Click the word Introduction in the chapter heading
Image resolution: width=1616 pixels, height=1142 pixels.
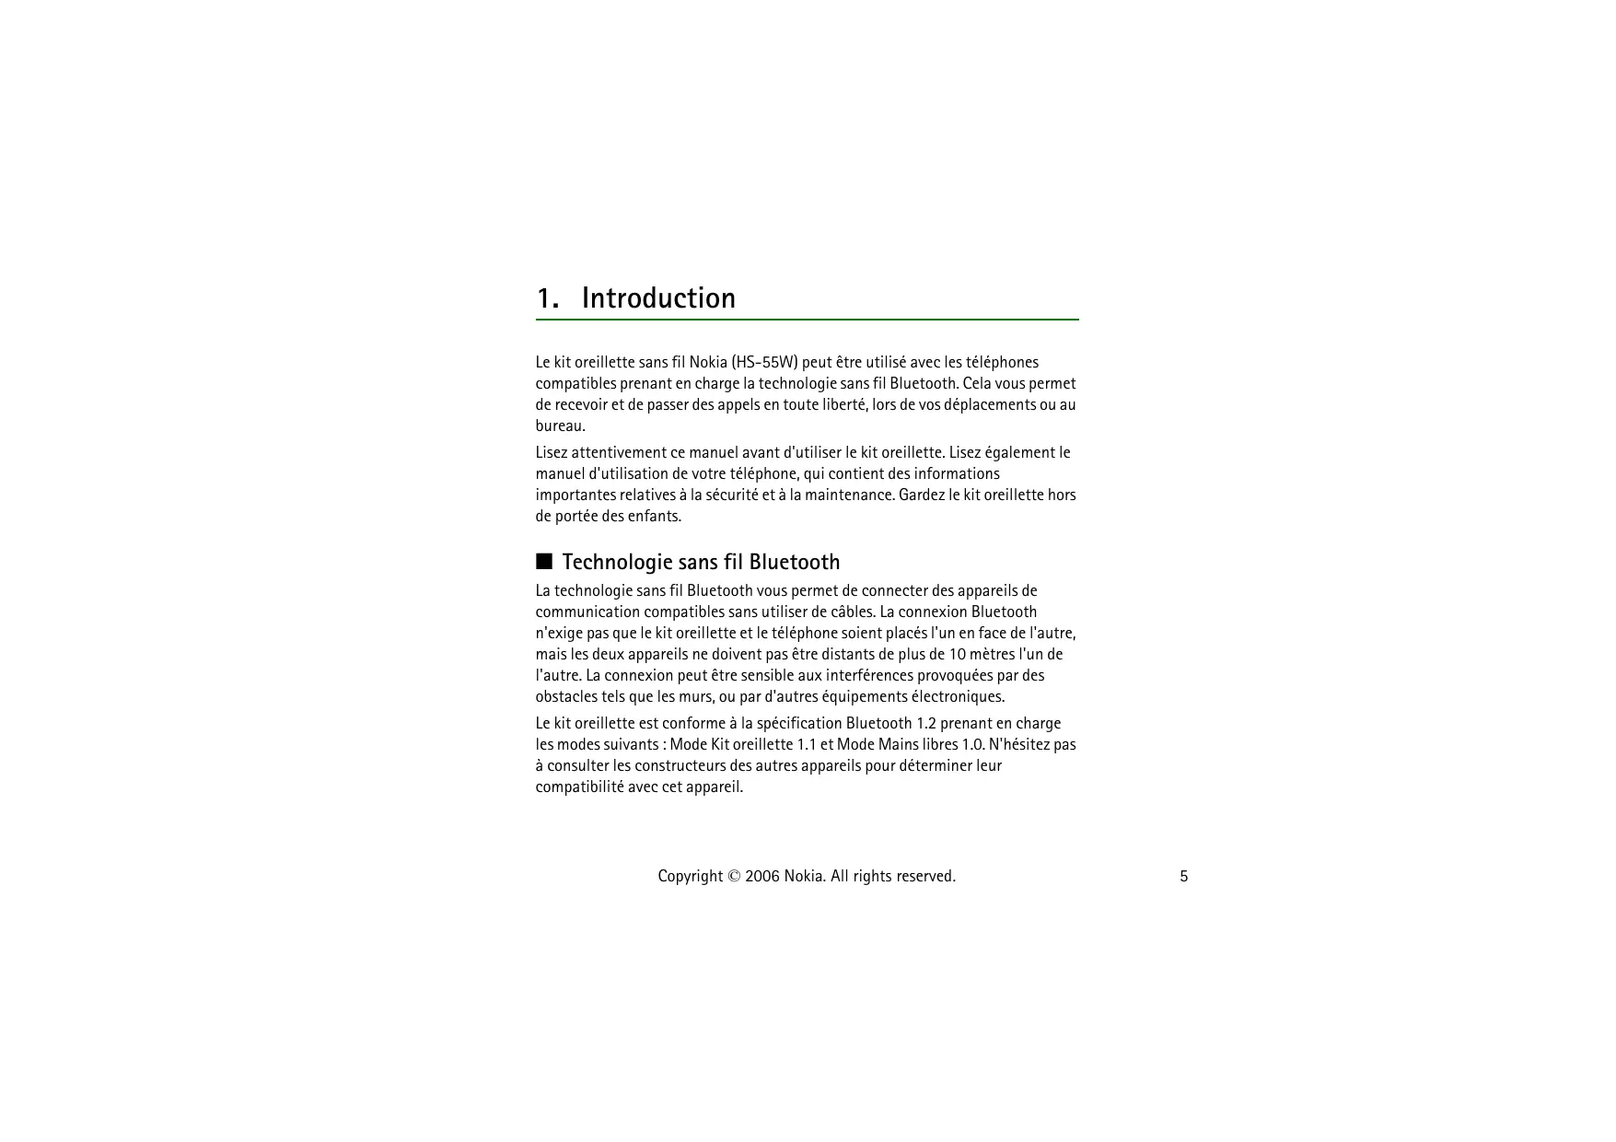[x=658, y=298]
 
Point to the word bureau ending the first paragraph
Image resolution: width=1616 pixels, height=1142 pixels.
[x=558, y=426]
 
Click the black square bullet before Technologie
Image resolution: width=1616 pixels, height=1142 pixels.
[x=544, y=561]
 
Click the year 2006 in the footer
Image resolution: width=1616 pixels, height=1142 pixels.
[x=761, y=876]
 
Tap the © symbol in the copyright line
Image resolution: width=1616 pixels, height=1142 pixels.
[x=734, y=876]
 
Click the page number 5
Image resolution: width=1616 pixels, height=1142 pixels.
[x=1184, y=877]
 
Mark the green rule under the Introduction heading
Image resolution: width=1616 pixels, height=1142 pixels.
[x=807, y=320]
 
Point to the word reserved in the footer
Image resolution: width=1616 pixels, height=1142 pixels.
[x=924, y=876]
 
